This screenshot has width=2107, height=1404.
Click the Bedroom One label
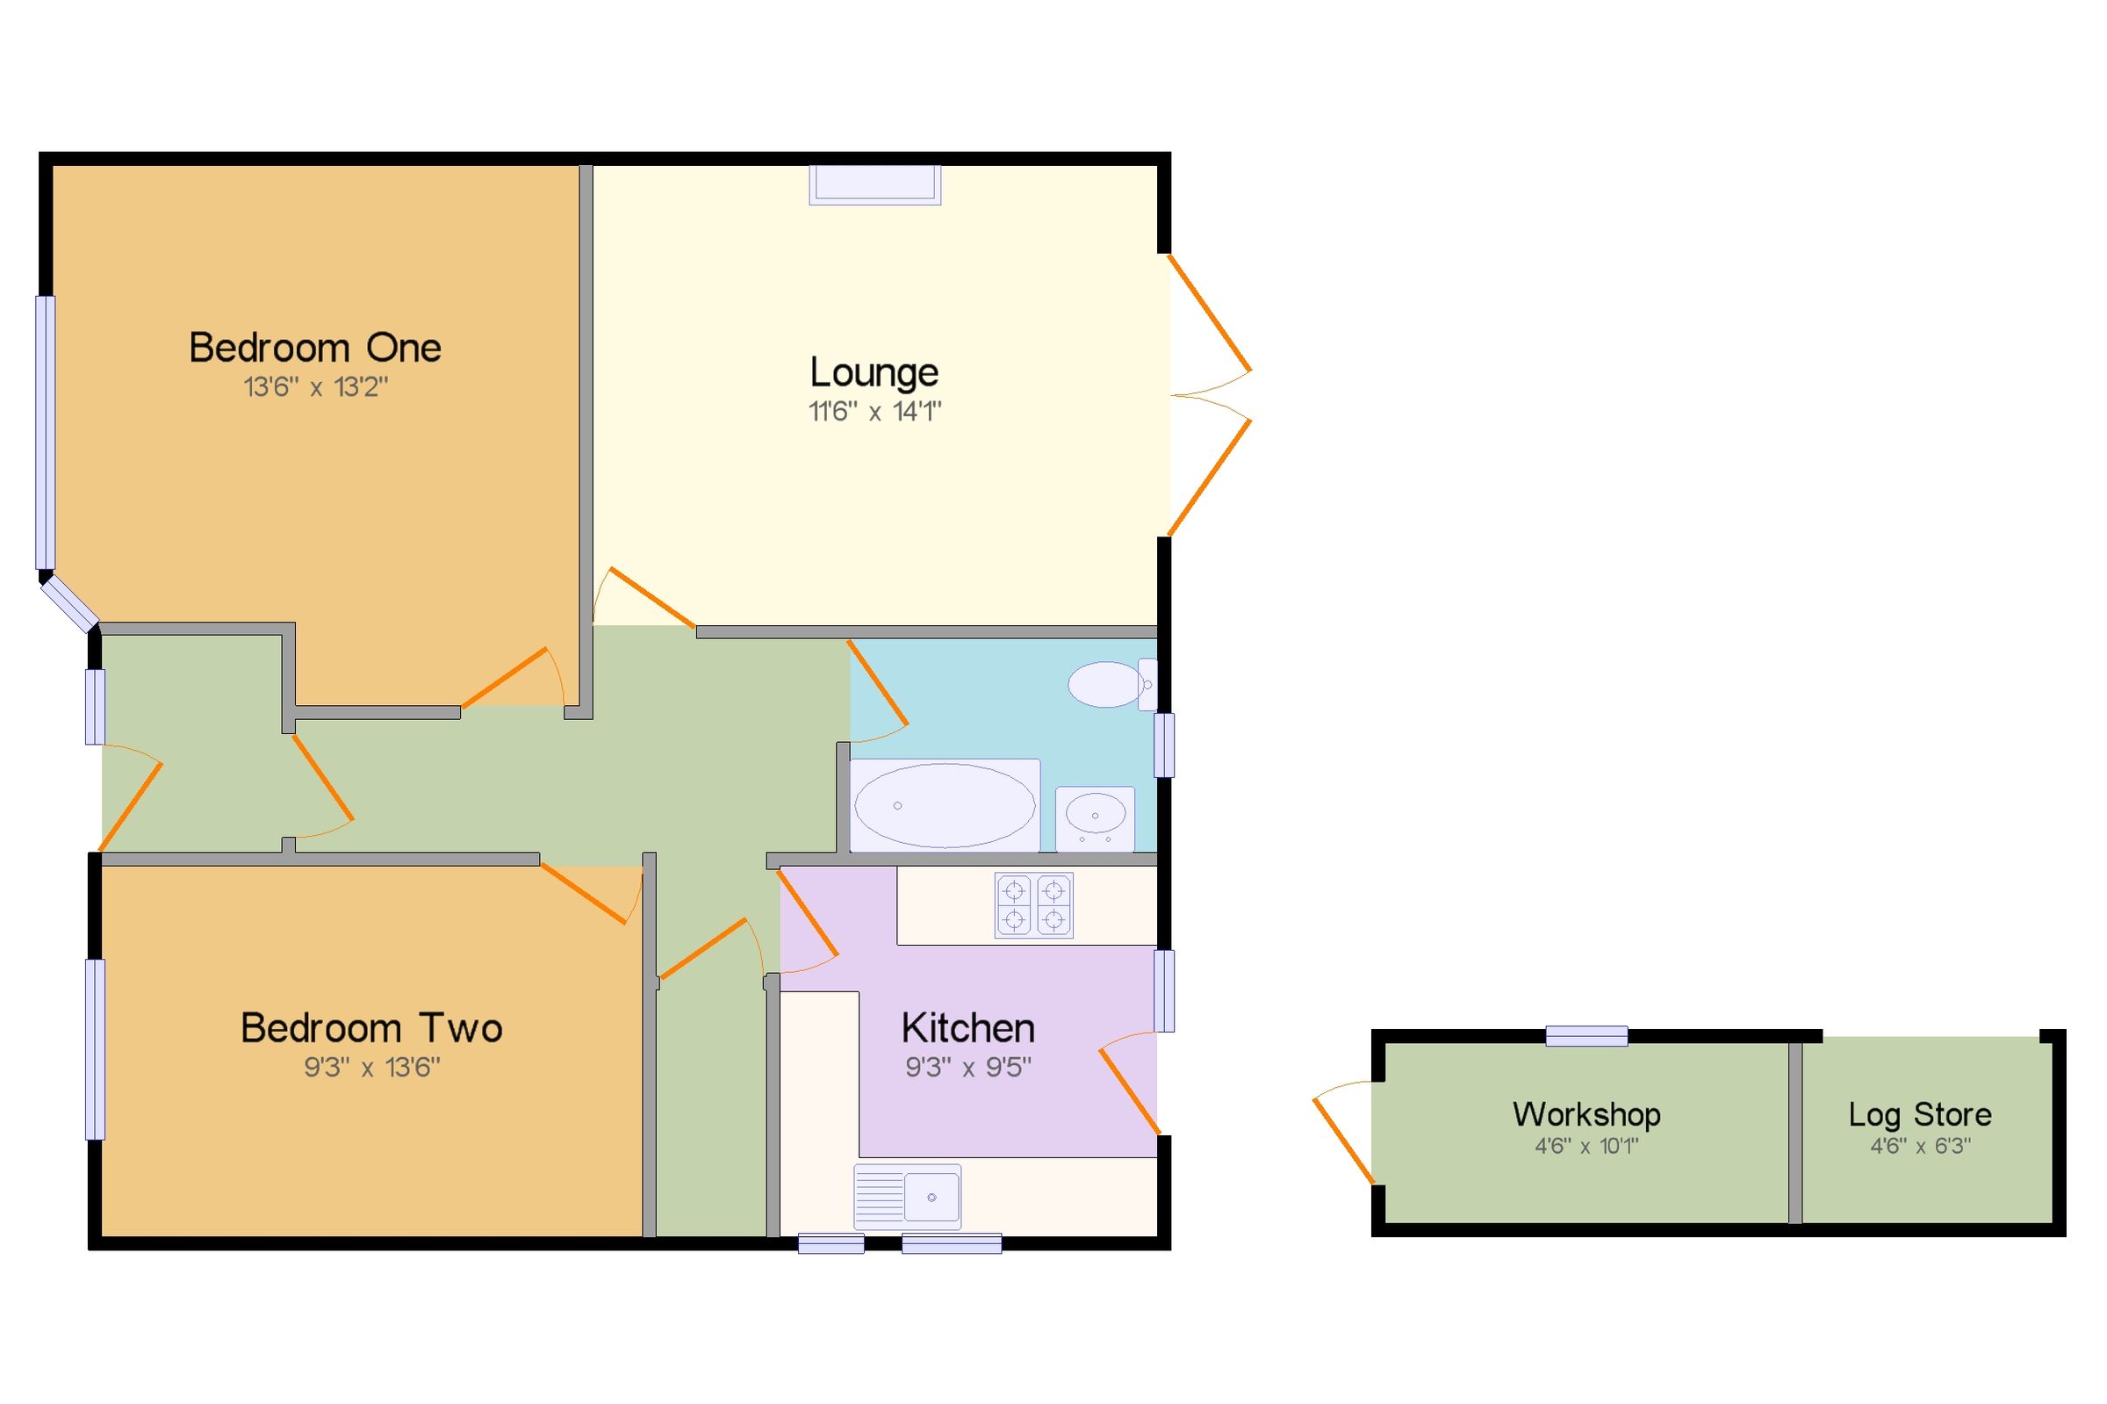coord(314,348)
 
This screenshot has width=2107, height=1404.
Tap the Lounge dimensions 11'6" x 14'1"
coord(874,412)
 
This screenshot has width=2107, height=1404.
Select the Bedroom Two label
coord(370,1028)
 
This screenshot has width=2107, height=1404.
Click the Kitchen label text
coord(967,1028)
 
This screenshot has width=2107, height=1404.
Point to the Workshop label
coord(1586,1114)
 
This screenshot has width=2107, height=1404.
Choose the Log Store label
coord(1920,1114)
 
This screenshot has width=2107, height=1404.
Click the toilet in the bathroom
coord(1111,685)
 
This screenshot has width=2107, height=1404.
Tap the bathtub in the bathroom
coord(945,805)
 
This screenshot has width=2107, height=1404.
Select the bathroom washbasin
coord(1095,817)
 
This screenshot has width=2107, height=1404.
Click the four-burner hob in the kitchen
coord(1034,905)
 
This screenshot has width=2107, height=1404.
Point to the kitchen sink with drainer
coord(907,1197)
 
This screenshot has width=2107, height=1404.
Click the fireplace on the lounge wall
coord(874,184)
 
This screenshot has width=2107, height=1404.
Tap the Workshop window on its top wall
coord(1586,1036)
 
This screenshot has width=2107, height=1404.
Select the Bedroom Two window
coord(95,1049)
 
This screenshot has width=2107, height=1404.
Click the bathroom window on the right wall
coord(1163,744)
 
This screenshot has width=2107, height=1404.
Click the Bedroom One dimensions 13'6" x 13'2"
coord(316,387)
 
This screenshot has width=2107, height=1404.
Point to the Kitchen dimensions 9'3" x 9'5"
coord(968,1068)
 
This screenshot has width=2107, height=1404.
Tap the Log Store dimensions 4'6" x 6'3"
coord(1920,1145)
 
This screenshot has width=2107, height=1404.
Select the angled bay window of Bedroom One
coord(69,603)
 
